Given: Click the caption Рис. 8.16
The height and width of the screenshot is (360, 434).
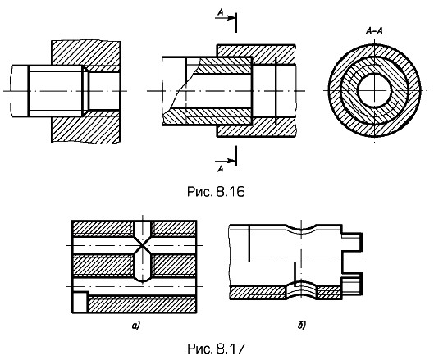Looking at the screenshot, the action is click(x=216, y=192).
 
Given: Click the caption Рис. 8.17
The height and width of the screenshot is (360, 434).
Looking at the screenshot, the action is click(x=216, y=349).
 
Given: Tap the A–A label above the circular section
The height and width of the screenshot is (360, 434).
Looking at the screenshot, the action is click(x=374, y=31).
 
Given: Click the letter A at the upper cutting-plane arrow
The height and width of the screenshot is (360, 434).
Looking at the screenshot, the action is click(x=221, y=11).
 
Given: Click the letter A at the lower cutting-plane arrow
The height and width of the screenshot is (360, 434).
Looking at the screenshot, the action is click(x=221, y=168).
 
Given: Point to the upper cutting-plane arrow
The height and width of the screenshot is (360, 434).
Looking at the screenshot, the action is click(x=225, y=18).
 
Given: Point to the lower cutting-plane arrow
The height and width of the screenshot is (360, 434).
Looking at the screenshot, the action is click(x=225, y=161).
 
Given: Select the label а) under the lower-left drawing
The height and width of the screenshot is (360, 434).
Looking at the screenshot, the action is click(x=136, y=326).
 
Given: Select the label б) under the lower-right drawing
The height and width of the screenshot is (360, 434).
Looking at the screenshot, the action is click(x=301, y=326).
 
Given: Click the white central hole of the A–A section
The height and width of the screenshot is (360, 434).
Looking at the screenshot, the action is click(x=374, y=90).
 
